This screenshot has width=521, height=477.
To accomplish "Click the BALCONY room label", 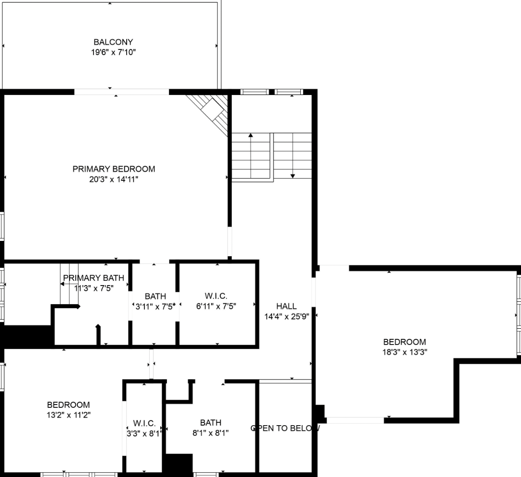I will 113,42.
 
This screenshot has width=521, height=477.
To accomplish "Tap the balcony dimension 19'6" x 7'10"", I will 113,52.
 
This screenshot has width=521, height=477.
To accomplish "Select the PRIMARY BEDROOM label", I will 114,169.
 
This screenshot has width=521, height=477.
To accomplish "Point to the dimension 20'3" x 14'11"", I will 114,179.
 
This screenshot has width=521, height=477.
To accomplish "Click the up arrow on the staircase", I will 250,136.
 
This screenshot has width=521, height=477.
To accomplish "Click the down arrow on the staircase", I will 293,175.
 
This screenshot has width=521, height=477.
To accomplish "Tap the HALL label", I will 286,306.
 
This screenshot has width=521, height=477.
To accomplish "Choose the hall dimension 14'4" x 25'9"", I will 286,317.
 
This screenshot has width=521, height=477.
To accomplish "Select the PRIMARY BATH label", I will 94,278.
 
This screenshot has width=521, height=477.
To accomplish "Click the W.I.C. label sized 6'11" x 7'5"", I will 216,296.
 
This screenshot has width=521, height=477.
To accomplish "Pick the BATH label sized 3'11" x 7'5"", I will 155,297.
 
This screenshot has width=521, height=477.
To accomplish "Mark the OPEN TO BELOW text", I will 285,428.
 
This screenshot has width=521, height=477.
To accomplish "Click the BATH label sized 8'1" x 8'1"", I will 211,422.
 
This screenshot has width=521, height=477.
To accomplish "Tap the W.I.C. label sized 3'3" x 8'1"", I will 144,423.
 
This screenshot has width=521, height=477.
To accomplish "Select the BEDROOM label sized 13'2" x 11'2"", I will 68,405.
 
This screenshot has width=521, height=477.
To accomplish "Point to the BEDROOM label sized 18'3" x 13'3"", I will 404,342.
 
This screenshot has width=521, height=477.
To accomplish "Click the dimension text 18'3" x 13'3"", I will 404,352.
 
